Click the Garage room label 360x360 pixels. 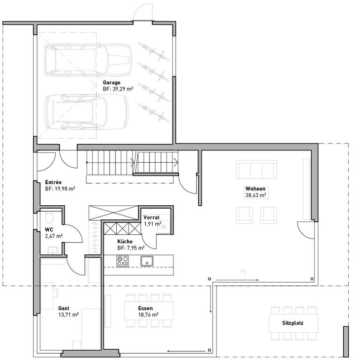(x=112, y=82)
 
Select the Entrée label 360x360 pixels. (x=53, y=182)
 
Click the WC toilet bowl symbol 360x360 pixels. (x=49, y=217)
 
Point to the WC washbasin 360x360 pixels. (x=53, y=250)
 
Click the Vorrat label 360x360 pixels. (x=151, y=217)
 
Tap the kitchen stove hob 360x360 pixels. (x=122, y=261)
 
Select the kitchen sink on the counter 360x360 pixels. (x=147, y=261)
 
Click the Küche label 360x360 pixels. (x=125, y=241)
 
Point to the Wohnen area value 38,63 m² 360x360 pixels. (x=256, y=195)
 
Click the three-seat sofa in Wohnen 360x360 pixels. (x=256, y=169)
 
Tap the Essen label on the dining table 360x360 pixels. (x=145, y=308)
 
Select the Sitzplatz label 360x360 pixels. (x=292, y=323)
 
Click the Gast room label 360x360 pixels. (x=64, y=308)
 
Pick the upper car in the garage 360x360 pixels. (x=88, y=60)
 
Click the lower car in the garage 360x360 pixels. (x=86, y=112)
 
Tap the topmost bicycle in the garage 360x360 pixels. (x=153, y=52)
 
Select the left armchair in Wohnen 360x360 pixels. (x=244, y=215)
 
